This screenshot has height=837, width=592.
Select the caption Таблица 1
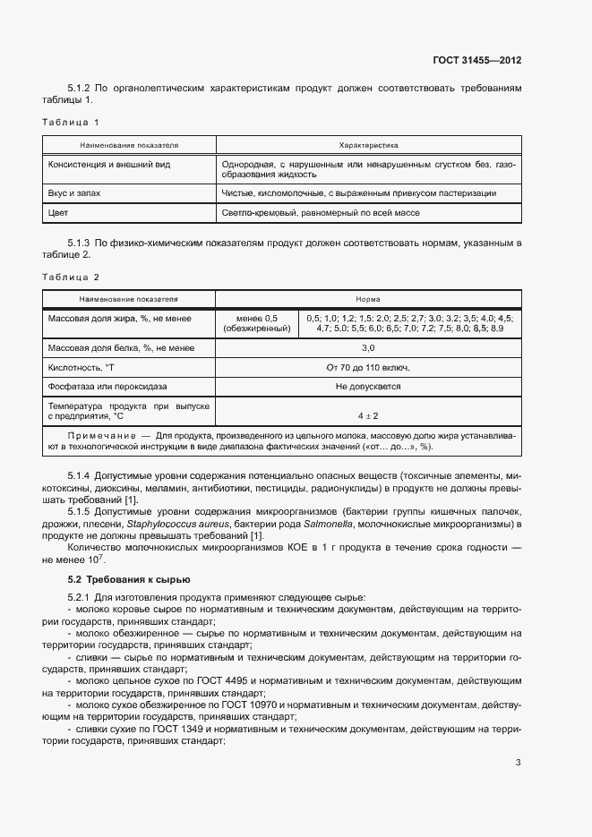point(71,122)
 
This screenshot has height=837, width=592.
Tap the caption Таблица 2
point(71,278)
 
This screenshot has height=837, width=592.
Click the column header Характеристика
point(368,144)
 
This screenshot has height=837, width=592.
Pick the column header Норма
point(368,300)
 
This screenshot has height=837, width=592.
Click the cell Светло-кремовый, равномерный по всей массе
point(320,213)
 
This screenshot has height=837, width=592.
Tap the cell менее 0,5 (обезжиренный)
point(257,323)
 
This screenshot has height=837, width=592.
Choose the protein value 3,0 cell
point(368,347)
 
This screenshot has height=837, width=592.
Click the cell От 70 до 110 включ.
point(368,367)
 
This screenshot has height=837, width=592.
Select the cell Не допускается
point(368,387)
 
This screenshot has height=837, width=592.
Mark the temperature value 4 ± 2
point(368,415)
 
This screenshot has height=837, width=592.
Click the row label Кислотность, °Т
point(83,367)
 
